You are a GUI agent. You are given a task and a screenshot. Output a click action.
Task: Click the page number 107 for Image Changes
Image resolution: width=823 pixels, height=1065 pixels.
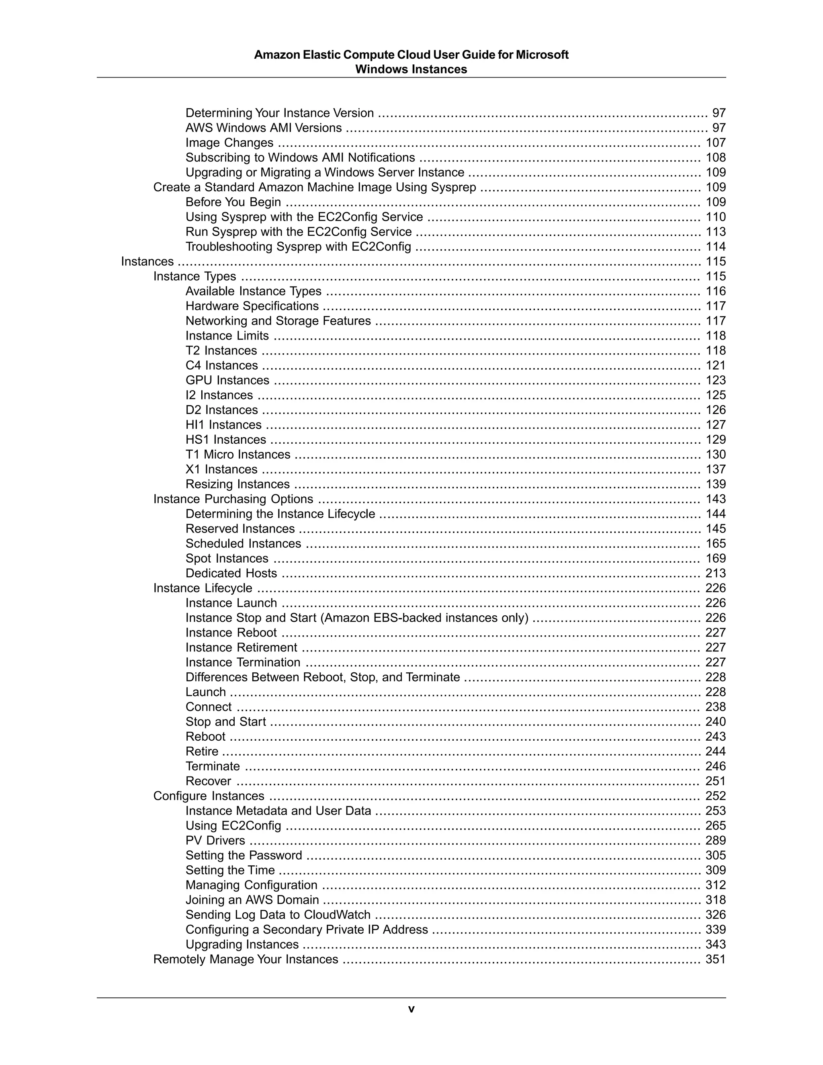click(x=715, y=143)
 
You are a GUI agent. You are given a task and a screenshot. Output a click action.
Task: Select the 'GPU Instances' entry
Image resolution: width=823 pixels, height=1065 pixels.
click(x=227, y=380)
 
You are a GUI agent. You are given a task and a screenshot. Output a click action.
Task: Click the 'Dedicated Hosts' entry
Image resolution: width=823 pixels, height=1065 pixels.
click(x=231, y=573)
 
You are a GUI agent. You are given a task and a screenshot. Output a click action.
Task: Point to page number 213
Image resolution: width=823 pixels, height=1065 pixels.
click(x=715, y=573)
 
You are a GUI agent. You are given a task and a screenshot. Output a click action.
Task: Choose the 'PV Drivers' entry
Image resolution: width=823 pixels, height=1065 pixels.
click(x=215, y=841)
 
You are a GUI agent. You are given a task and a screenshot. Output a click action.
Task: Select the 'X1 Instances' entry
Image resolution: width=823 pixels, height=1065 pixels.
click(x=221, y=469)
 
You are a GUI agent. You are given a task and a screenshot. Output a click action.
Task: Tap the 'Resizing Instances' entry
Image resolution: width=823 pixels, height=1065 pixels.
click(x=237, y=484)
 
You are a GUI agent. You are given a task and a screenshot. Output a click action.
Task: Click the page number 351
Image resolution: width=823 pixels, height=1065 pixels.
click(x=715, y=959)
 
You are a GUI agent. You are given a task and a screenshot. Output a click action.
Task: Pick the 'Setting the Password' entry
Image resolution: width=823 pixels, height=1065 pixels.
click(x=244, y=855)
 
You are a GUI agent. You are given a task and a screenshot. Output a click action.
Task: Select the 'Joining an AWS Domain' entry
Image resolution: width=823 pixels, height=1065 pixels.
click(x=252, y=900)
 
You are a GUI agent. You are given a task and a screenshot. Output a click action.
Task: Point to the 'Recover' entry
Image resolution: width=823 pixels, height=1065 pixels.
click(x=208, y=781)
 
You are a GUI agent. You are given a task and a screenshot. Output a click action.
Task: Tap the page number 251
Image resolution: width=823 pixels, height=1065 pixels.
click(x=715, y=781)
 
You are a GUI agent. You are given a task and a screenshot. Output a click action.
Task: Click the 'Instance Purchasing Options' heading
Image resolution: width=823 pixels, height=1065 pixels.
click(x=233, y=499)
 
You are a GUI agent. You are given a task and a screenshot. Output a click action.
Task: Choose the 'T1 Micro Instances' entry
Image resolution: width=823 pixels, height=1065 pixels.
click(x=237, y=455)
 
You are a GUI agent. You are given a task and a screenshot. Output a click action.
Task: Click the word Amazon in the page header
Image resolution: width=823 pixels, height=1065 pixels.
click(x=277, y=55)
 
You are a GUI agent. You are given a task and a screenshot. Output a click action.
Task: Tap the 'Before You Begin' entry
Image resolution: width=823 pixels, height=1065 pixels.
click(x=233, y=203)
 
